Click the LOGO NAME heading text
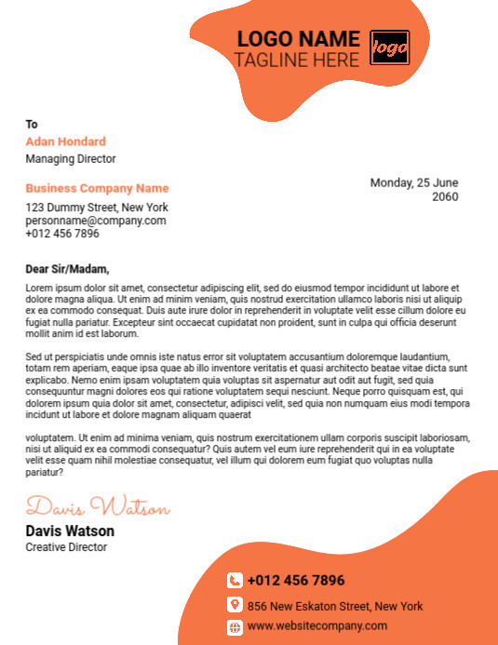coord(298,39)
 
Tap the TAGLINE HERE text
coord(296,60)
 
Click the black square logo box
coord(390,47)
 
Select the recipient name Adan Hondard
coord(65,141)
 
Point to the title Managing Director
coord(71,159)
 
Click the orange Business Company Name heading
coord(97,188)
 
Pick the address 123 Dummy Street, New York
coord(97,208)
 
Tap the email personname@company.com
coord(96,221)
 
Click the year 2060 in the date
coord(445,196)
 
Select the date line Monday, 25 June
coord(414,182)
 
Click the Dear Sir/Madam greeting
coord(67,269)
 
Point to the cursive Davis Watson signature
coord(98,508)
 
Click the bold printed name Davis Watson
coord(70,531)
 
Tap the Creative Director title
coord(66,547)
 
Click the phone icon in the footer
coord(235,580)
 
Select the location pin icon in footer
coord(235,605)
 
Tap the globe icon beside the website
coord(235,626)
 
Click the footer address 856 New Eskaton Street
coord(335,606)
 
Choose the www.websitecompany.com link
coord(317,625)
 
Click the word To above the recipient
coord(32,124)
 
